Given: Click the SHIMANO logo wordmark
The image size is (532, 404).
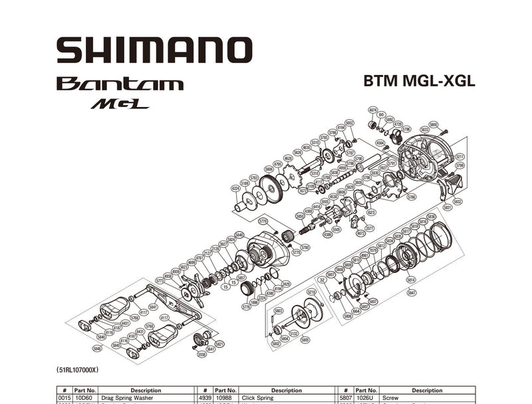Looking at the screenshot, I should (154, 50).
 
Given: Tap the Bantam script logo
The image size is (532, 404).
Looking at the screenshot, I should (120, 84).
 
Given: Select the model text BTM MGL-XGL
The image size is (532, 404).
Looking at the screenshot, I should (419, 82).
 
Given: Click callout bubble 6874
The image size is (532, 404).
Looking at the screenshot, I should (373, 110).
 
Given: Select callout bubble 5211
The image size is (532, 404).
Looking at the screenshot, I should (460, 157).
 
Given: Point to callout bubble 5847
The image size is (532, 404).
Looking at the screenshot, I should (412, 292).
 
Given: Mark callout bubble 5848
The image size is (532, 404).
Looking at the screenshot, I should (98, 348).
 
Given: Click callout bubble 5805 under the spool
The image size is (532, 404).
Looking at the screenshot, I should (305, 340).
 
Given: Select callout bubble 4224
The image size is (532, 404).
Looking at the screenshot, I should (235, 188).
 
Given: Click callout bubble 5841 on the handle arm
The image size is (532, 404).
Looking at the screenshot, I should (153, 306).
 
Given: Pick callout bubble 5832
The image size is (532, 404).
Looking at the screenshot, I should (458, 201).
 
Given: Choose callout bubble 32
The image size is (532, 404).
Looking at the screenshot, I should (322, 280).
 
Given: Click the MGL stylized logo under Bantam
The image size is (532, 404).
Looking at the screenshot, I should (120, 104).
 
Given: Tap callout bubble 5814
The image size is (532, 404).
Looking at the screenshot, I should (411, 280).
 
